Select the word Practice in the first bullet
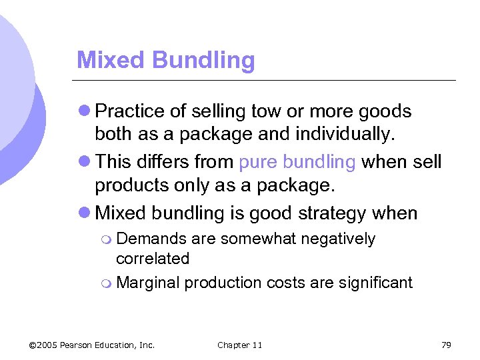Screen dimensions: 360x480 coord(132,111)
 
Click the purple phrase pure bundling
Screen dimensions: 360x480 coord(297,162)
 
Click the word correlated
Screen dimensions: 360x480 coord(153,259)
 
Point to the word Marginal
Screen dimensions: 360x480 coord(148,283)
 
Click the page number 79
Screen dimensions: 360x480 coord(446,345)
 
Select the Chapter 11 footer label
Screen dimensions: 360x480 coord(240,345)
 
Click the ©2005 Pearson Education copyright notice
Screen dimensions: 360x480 coord(92,345)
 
